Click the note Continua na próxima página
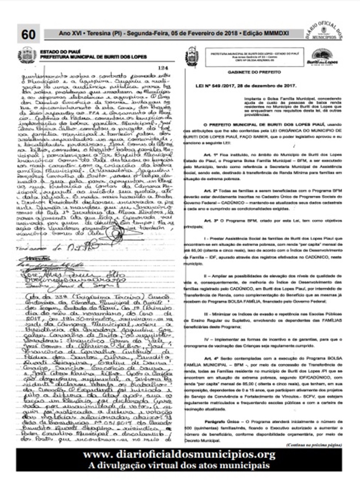(x=313, y=445)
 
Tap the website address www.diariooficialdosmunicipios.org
(x=180, y=455)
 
